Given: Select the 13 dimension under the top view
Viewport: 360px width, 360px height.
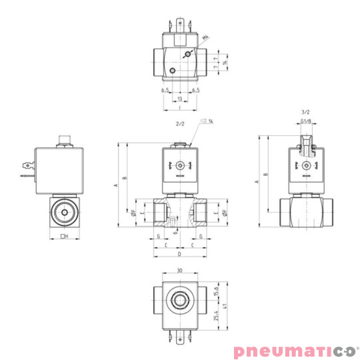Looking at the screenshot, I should (179, 99).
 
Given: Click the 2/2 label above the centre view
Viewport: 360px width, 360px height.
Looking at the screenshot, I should (179, 124).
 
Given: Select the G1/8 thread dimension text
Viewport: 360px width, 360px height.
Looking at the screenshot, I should (306, 122).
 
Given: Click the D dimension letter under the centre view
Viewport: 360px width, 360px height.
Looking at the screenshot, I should (179, 254).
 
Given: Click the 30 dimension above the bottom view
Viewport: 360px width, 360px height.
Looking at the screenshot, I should (179, 271).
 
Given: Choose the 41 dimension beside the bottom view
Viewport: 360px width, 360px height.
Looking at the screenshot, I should (225, 309).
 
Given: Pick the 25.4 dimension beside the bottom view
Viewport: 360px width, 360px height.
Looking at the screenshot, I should (216, 315).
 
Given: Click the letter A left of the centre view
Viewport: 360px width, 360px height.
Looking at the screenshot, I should (115, 179).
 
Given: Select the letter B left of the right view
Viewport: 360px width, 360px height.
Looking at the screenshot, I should (265, 175).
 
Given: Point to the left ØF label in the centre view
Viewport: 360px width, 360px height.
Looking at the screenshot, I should (134, 213).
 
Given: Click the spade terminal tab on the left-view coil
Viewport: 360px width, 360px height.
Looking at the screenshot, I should (27, 163).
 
